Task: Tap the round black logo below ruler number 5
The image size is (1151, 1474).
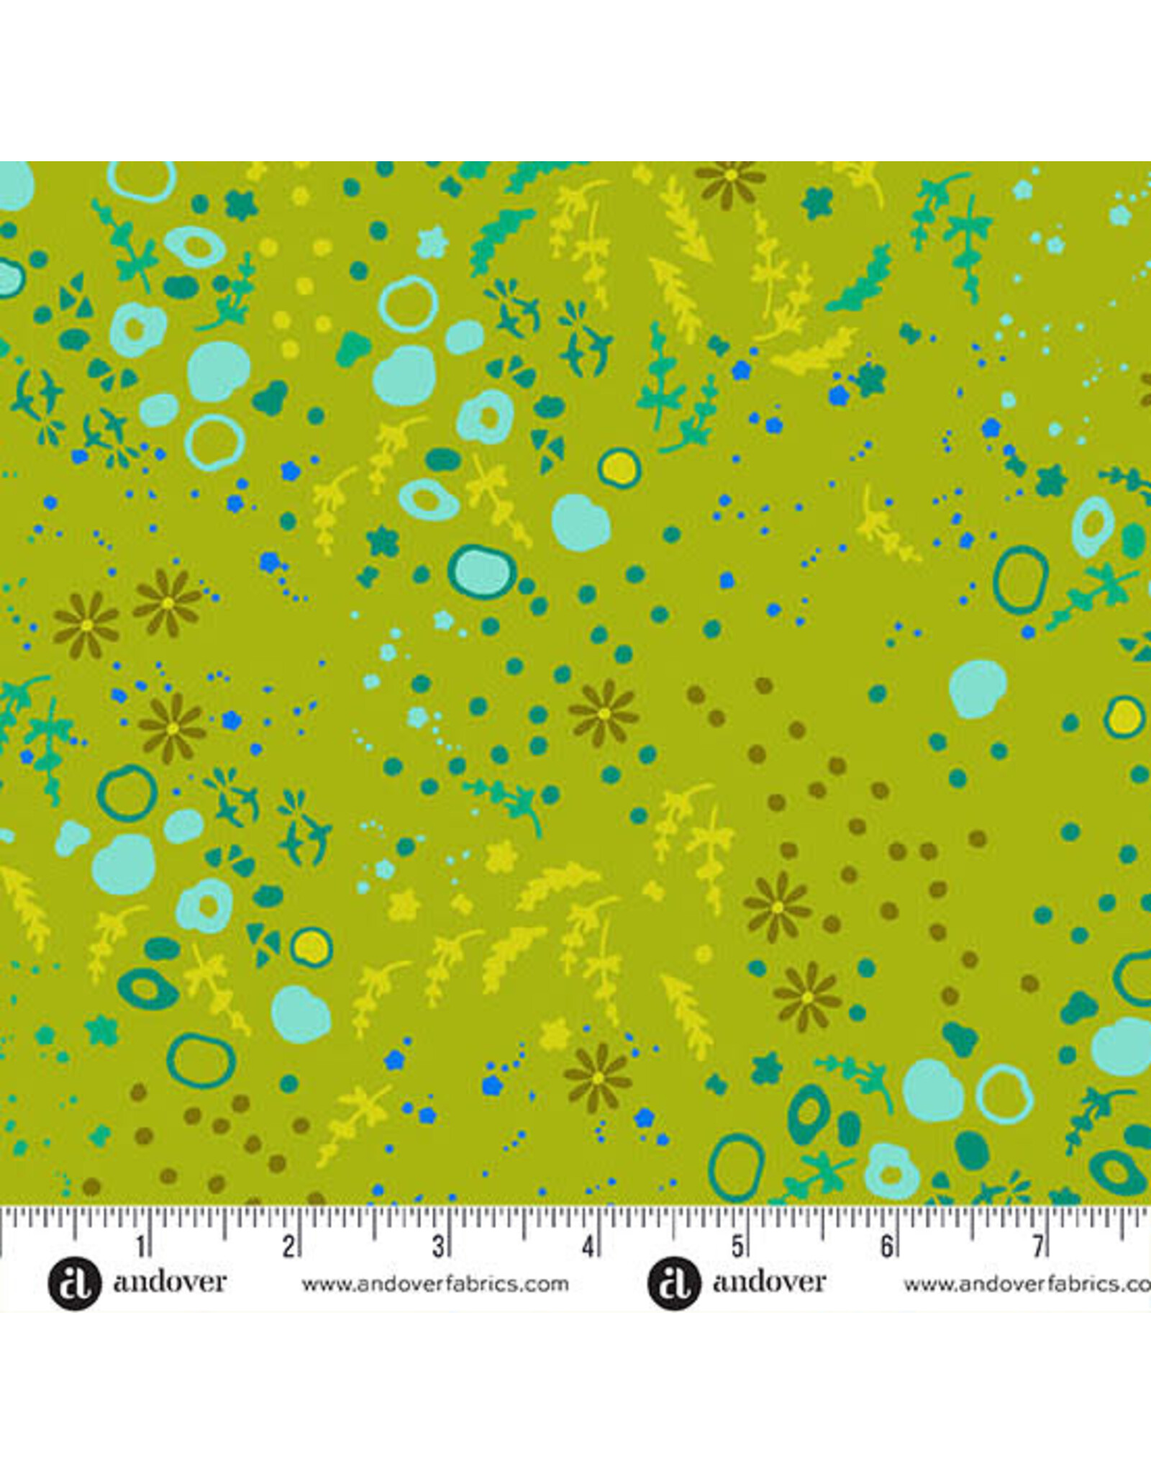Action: pyautogui.click(x=673, y=1284)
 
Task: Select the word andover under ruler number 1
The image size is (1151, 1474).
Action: pyautogui.click(x=170, y=1283)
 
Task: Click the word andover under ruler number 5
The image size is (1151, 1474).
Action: pyautogui.click(x=769, y=1283)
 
